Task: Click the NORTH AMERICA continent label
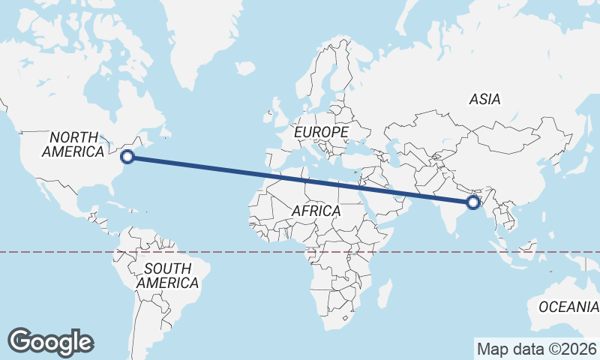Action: (73, 144)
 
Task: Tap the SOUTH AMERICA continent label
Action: (167, 276)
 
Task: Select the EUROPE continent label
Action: (321, 132)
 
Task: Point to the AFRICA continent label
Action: (316, 211)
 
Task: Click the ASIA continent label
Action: (484, 98)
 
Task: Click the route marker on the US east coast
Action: (127, 157)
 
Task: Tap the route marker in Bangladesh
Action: (473, 202)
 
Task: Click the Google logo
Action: (51, 342)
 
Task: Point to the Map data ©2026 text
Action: (536, 349)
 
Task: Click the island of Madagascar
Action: (383, 293)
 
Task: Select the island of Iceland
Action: (245, 68)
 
